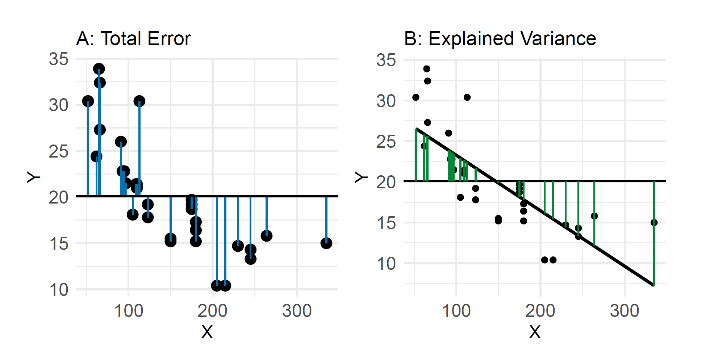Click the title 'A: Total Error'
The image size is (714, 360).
pyautogui.click(x=133, y=39)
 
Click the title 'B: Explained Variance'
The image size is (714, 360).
pyautogui.click(x=500, y=39)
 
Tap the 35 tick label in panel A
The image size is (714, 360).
pyautogui.click(x=59, y=59)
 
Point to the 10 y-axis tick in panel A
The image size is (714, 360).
pyautogui.click(x=59, y=290)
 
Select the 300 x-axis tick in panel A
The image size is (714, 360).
pyautogui.click(x=297, y=311)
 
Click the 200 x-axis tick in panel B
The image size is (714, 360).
pyautogui.click(x=540, y=311)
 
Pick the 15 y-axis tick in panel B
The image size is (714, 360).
pyautogui.click(x=386, y=223)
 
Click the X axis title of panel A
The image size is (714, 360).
pyautogui.click(x=207, y=332)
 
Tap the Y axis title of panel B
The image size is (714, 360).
pyautogui.click(x=361, y=177)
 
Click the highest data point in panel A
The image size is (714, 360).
pyautogui.click(x=99, y=69)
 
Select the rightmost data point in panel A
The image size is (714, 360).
pyautogui.click(x=326, y=243)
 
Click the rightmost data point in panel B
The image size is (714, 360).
pyautogui.click(x=654, y=222)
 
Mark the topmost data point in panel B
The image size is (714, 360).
pyautogui.click(x=427, y=69)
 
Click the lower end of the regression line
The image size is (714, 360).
pyautogui.click(x=653, y=285)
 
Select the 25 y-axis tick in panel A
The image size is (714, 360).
pyautogui.click(x=59, y=151)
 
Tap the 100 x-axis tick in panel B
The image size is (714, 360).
pyautogui.click(x=456, y=311)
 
